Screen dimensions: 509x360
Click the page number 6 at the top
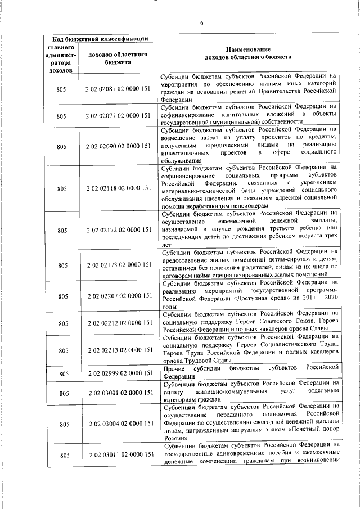[201, 23]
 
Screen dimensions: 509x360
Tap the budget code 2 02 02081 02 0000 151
[118, 89]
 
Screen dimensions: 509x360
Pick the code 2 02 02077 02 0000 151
[118, 116]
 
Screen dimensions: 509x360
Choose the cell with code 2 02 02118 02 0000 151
[118, 187]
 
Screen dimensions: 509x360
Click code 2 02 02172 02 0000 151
[118, 230]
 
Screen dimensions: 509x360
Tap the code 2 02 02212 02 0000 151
[118, 322]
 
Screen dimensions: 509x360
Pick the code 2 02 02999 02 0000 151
[118, 373]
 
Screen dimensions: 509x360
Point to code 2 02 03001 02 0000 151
[118, 391]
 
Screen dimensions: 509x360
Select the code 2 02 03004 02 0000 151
[118, 423]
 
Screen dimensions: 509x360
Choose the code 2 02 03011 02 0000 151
[118, 454]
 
